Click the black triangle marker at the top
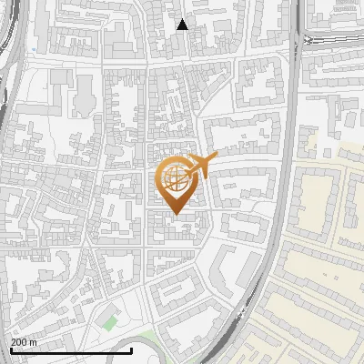tap(182, 25)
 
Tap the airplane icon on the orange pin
tap(202, 165)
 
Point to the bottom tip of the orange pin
tap(173, 215)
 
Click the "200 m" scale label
tap(24, 342)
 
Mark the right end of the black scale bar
tap(132, 350)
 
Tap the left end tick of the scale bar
tap(11, 350)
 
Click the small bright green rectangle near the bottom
tap(110, 322)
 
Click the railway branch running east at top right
tap(337, 40)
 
